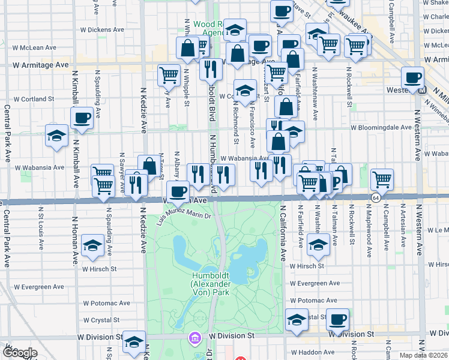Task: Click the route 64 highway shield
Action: pyautogui.click(x=376, y=197)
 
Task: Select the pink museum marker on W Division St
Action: pyautogui.click(x=193, y=338)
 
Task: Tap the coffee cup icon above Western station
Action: pyautogui.click(x=413, y=77)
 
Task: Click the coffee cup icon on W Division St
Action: pyautogui.click(x=337, y=319)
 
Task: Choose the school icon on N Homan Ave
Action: pyautogui.click(x=92, y=245)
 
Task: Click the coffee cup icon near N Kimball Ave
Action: pyautogui.click(x=82, y=117)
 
